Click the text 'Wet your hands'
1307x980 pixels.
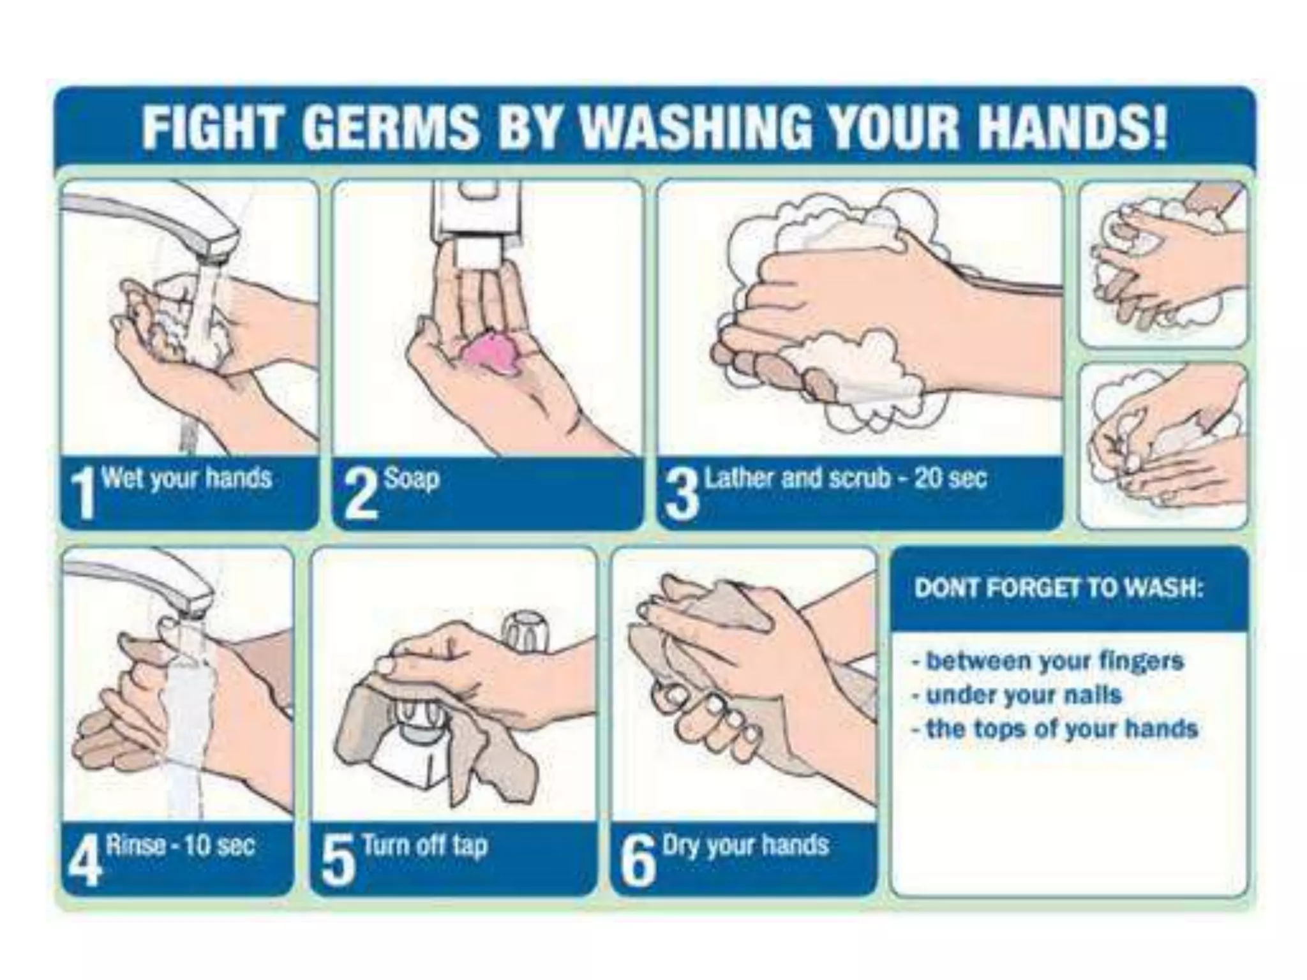click(187, 478)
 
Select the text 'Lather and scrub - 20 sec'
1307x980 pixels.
click(846, 478)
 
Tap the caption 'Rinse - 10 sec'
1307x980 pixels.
click(181, 845)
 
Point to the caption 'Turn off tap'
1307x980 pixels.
click(425, 846)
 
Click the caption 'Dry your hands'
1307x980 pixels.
click(745, 846)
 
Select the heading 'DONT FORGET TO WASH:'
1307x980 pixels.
click(1058, 588)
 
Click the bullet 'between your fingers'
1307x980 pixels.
click(1048, 661)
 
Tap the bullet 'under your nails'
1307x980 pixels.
click(1017, 695)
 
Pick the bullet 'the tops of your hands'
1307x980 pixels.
click(1055, 729)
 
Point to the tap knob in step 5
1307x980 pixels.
click(525, 632)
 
